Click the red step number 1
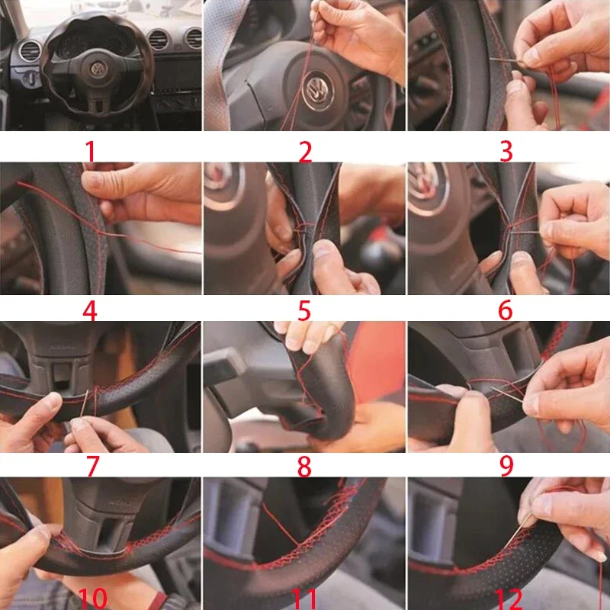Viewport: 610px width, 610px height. pos(90,151)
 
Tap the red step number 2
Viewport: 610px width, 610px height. pos(305,152)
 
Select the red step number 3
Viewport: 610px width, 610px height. pos(506,151)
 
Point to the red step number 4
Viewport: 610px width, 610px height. pos(89,311)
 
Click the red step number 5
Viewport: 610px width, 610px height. pos(304,310)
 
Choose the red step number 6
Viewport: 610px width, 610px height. pos(506,310)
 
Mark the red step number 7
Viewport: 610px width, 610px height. pos(92,466)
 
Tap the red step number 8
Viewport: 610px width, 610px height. pos(304,467)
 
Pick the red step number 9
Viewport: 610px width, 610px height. pos(506,466)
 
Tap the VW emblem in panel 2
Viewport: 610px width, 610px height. pos(319,90)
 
